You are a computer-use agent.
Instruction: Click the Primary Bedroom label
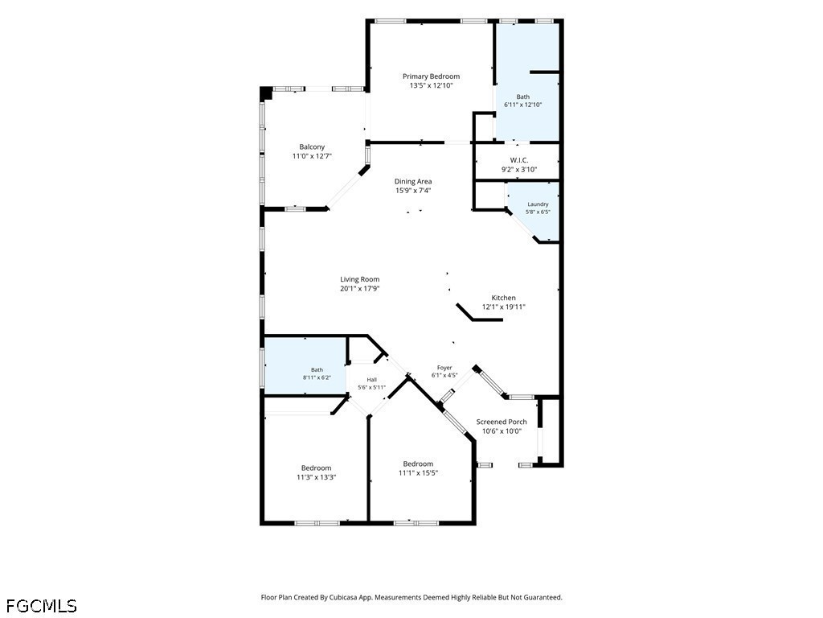pyautogui.click(x=431, y=76)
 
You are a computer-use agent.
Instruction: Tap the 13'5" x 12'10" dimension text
pyautogui.click(x=431, y=85)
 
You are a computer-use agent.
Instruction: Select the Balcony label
pyautogui.click(x=312, y=146)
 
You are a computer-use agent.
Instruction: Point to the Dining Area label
pyautogui.click(x=413, y=181)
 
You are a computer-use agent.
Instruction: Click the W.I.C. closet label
pyautogui.click(x=519, y=160)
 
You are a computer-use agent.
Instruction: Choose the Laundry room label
pyautogui.click(x=538, y=204)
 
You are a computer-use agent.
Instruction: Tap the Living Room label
pyautogui.click(x=359, y=279)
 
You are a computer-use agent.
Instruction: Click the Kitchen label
pyautogui.click(x=503, y=298)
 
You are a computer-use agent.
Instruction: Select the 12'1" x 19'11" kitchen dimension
pyautogui.click(x=504, y=307)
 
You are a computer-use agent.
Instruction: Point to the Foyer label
pyautogui.click(x=444, y=368)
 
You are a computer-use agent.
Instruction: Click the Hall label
pyautogui.click(x=371, y=380)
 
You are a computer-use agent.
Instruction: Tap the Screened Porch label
pyautogui.click(x=502, y=422)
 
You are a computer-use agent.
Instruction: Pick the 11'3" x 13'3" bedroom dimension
pyautogui.click(x=316, y=477)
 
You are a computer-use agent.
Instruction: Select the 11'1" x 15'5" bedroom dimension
pyautogui.click(x=418, y=473)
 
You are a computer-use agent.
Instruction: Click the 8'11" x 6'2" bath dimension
pyautogui.click(x=317, y=377)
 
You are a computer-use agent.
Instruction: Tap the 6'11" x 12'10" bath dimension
pyautogui.click(x=522, y=105)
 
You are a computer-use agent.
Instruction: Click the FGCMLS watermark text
pyautogui.click(x=42, y=606)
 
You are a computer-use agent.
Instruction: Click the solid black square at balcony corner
pyautogui.click(x=266, y=93)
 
